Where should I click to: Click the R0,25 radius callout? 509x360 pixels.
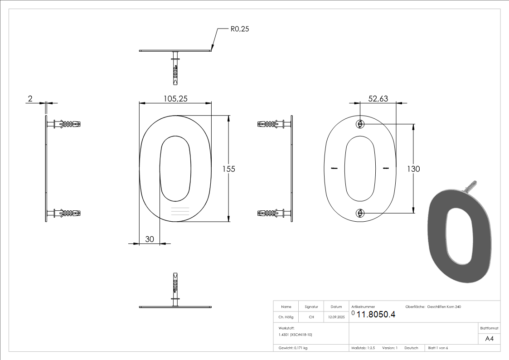pyautogui.click(x=240, y=29)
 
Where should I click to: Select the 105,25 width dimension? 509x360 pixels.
pyautogui.click(x=175, y=98)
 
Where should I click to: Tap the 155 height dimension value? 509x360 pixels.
pyautogui.click(x=228, y=169)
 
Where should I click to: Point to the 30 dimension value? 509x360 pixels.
pyautogui.click(x=150, y=239)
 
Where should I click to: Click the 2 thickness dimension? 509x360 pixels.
pyautogui.click(x=30, y=98)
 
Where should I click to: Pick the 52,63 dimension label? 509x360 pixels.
pyautogui.click(x=378, y=98)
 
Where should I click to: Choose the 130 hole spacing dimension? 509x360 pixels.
pyautogui.click(x=413, y=169)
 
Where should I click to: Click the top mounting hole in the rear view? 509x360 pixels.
pyautogui.click(x=360, y=124)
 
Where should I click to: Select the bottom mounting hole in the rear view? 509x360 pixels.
pyautogui.click(x=360, y=213)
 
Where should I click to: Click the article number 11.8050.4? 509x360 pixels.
pyautogui.click(x=376, y=315)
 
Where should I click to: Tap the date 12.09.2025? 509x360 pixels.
pyautogui.click(x=336, y=317)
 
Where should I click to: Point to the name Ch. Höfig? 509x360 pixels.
pyautogui.click(x=286, y=317)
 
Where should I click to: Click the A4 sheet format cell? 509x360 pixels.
pyautogui.click(x=490, y=339)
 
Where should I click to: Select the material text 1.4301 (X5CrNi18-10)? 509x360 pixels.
pyautogui.click(x=296, y=335)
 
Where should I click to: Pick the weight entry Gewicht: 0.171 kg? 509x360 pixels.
pyautogui.click(x=293, y=348)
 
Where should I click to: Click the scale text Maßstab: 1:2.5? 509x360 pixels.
pyautogui.click(x=363, y=348)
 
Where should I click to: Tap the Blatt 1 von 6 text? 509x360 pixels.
pyautogui.click(x=438, y=348)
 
